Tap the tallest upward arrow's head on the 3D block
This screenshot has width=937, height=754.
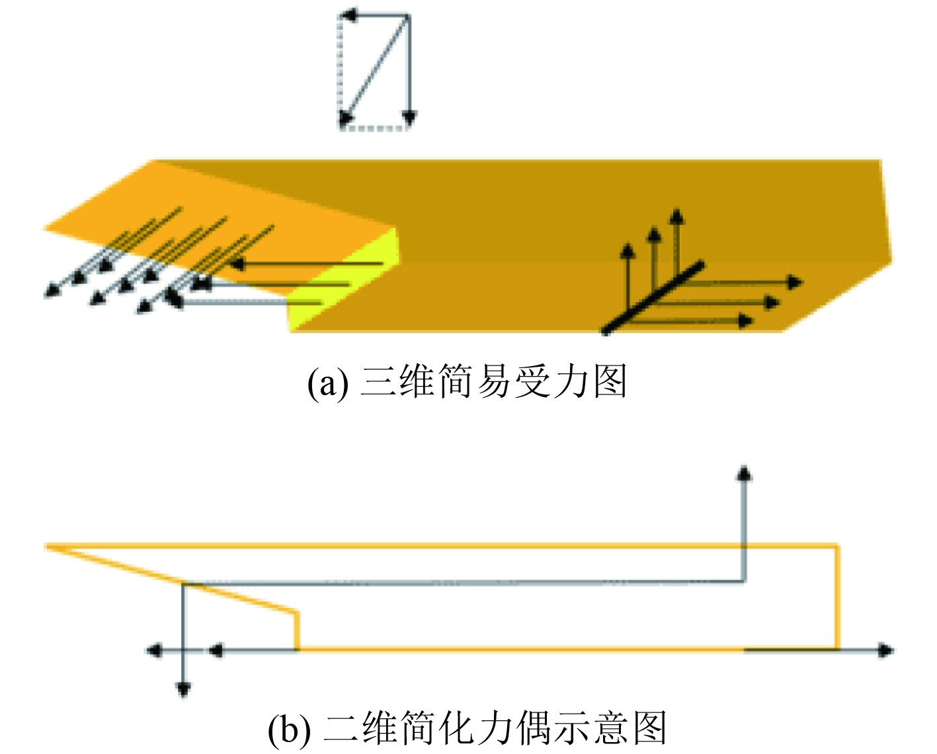(676, 216)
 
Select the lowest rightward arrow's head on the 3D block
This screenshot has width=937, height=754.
(747, 321)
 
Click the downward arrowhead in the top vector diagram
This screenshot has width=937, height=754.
(409, 119)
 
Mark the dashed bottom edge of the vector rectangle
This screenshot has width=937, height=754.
(374, 128)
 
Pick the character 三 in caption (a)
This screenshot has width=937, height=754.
(378, 382)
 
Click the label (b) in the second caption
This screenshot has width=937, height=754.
(289, 730)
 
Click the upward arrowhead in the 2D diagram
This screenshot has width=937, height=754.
(745, 472)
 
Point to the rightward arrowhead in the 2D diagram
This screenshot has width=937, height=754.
(886, 650)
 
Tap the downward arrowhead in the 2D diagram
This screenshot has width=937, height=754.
(184, 690)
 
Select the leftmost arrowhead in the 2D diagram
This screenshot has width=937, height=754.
(153, 650)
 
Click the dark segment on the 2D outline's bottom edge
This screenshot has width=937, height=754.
(791, 650)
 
